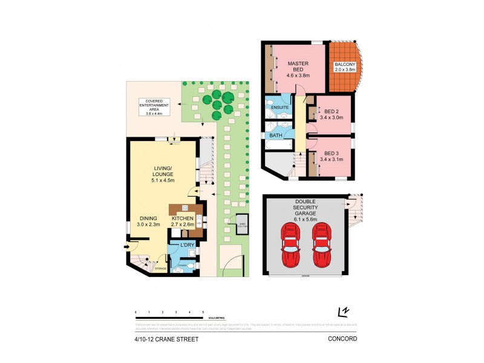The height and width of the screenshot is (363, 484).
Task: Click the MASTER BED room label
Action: coord(298,69)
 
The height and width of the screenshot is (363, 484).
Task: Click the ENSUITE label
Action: coord(280,107)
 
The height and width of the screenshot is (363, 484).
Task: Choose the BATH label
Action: coord(275,136)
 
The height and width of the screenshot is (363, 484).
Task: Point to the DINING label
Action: coord(148,221)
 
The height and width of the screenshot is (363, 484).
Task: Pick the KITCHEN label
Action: coord(182,221)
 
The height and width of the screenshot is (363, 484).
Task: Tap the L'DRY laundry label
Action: coord(187,244)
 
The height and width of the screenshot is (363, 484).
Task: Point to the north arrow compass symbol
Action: coord(345,312)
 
